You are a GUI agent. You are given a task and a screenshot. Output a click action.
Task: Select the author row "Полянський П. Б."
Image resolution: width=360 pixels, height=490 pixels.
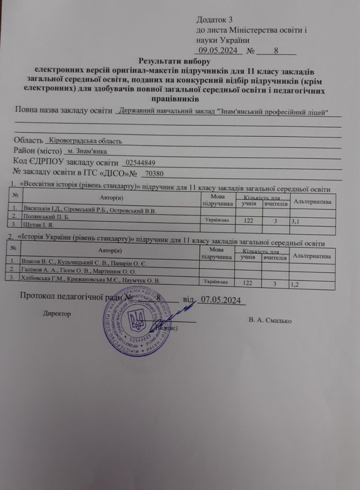[46, 216]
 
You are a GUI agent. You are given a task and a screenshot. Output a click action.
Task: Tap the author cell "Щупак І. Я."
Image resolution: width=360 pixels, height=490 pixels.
[39, 224]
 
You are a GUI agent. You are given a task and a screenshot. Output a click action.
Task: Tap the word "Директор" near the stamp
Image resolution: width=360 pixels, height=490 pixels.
[57, 314]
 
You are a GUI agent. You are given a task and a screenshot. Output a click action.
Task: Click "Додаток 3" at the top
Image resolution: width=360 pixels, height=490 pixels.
[214, 20]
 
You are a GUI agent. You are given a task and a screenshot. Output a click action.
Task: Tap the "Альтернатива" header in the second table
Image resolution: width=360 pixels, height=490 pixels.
[312, 256]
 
